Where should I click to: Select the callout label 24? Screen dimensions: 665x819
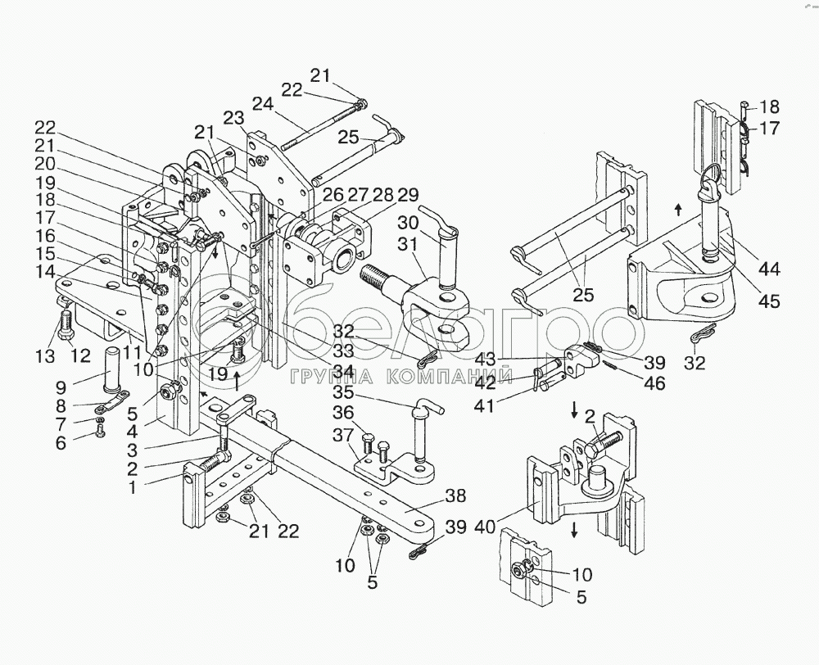point(261,104)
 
